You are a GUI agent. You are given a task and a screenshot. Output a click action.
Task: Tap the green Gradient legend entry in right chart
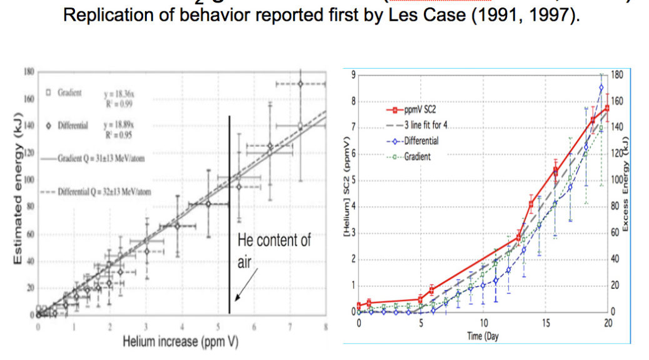tap(416, 156)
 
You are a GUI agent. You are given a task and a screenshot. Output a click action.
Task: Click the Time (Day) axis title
tap(483, 337)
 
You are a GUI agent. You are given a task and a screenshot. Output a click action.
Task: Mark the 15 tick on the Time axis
tap(546, 323)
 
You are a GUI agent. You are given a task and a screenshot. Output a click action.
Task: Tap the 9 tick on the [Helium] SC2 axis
tap(353, 75)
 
